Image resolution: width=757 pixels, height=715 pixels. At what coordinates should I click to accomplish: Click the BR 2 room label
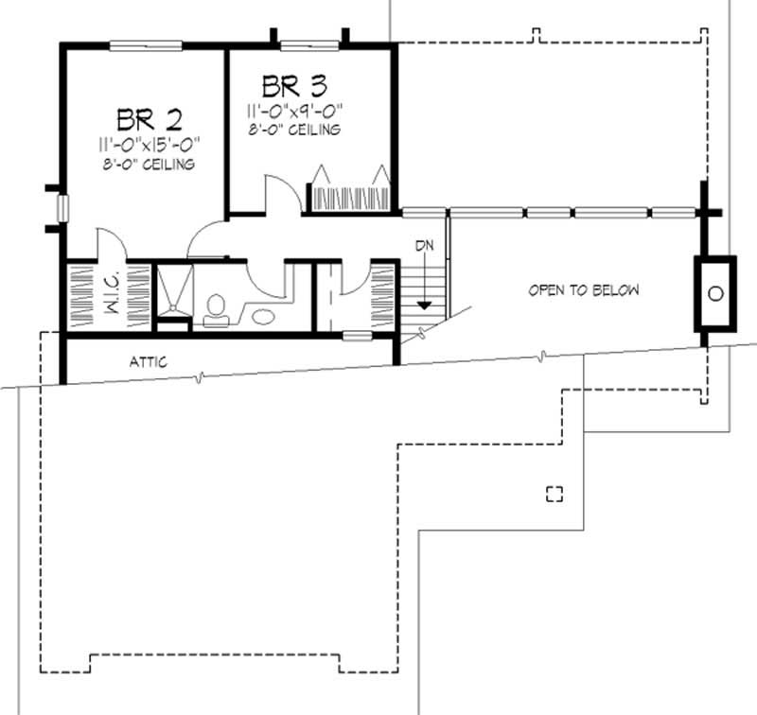click(150, 119)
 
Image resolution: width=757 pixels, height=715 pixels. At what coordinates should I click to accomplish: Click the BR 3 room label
click(295, 87)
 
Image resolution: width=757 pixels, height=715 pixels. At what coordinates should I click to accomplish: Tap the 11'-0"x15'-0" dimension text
click(150, 145)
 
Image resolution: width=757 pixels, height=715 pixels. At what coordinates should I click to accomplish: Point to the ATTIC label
click(149, 361)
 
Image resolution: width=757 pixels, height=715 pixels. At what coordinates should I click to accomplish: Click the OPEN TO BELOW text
click(583, 290)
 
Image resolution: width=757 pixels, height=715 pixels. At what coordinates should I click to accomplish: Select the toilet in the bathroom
click(216, 308)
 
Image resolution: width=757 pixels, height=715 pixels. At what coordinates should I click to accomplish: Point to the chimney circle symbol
click(715, 293)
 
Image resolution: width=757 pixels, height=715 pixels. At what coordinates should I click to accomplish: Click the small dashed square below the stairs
click(555, 492)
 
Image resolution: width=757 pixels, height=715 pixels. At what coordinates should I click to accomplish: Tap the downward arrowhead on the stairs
click(425, 305)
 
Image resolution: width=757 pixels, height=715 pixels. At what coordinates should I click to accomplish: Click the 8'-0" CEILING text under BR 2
click(150, 165)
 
